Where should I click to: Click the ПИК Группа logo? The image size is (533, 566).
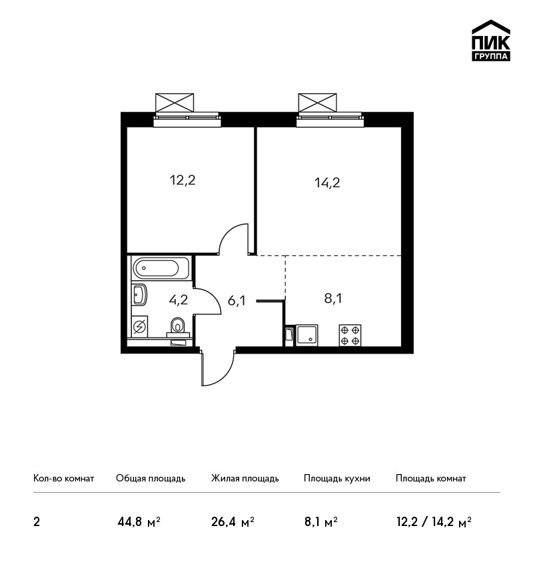[491, 41]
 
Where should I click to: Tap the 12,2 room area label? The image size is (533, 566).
[183, 180]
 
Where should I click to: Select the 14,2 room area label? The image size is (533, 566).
[327, 182]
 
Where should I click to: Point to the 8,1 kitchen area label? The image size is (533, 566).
[333, 298]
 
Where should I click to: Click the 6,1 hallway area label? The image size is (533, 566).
[237, 300]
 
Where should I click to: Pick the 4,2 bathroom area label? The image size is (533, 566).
[179, 300]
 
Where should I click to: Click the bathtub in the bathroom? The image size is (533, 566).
[161, 268]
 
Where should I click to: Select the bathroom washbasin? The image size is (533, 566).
[140, 294]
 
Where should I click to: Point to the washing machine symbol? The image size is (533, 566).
[140, 327]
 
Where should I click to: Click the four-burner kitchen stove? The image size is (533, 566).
[350, 336]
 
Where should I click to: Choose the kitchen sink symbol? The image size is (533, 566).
[307, 336]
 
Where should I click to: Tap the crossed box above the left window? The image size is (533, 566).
[175, 103]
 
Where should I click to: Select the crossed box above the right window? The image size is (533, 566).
[317, 103]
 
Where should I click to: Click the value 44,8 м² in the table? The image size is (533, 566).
[139, 522]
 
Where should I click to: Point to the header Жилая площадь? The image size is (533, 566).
[245, 478]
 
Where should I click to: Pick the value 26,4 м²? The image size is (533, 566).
[233, 522]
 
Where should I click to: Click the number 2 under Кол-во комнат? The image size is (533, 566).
[37, 522]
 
